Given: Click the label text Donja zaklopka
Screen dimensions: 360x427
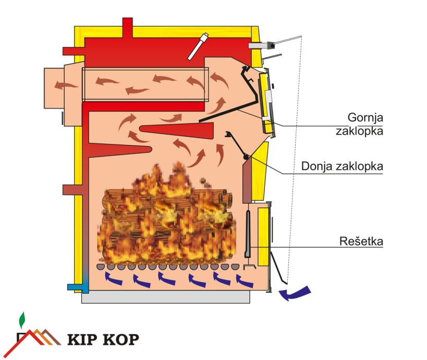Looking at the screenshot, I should tap(343, 166).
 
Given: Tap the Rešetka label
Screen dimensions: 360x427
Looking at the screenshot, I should tap(361, 242).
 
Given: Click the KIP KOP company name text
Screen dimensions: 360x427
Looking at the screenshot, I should tap(104, 340).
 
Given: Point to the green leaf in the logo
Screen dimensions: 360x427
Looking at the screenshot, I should tap(21, 319).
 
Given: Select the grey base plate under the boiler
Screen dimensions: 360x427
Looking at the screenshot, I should tap(166, 298).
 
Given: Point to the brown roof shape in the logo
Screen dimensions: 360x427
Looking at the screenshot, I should tap(39, 337).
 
